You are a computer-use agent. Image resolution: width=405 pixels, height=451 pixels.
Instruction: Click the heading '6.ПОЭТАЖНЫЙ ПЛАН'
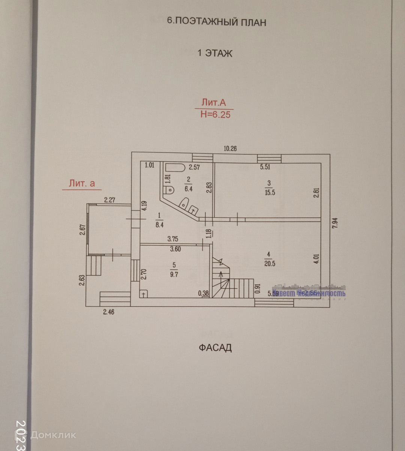point(216,22)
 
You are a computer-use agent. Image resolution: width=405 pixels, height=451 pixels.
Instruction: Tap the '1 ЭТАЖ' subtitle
point(215,53)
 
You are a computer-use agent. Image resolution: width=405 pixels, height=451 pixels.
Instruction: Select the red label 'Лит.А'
point(213,102)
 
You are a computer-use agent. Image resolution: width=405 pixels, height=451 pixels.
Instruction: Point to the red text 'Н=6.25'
point(215,114)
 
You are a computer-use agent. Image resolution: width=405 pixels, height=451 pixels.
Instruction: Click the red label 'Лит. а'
point(82,183)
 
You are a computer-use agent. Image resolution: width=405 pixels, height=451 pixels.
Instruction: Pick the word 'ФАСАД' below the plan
point(215,348)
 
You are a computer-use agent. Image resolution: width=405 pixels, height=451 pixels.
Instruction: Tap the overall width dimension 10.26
point(230,148)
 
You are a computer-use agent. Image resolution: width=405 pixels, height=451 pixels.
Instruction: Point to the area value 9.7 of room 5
point(174,274)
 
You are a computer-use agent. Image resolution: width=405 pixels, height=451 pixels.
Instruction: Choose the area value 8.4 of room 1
point(159,225)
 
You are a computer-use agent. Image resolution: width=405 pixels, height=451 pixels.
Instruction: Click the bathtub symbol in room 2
point(175,167)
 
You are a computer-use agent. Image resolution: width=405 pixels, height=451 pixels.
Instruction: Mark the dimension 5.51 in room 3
point(265,167)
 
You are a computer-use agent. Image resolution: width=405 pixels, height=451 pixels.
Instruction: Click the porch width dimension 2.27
point(109,200)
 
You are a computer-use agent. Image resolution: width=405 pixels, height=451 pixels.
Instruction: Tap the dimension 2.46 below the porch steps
point(108,312)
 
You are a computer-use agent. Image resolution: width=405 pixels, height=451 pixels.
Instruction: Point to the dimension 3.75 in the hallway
point(172,239)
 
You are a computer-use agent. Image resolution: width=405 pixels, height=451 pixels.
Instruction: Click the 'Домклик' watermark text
point(52,435)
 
